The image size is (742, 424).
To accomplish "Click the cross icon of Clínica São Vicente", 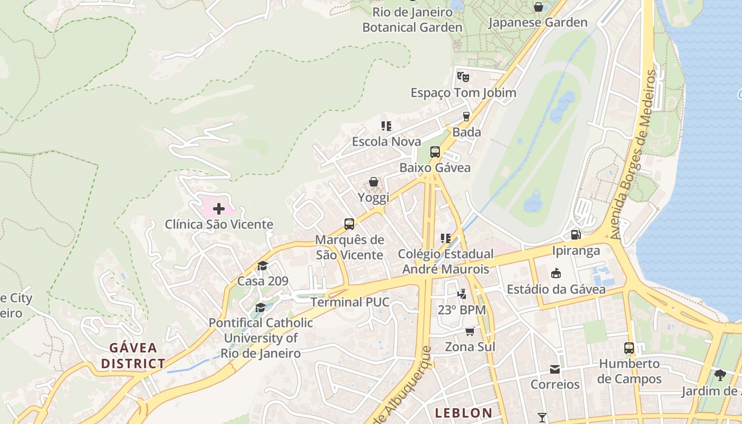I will point(218,209).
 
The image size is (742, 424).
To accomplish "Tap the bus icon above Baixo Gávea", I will point(435,152).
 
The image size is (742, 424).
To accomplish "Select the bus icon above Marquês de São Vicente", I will point(349,224).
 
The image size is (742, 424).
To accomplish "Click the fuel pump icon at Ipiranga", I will point(575,234).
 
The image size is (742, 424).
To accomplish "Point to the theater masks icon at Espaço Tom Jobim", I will point(463,76).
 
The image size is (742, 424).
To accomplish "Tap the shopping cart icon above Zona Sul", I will point(470,331).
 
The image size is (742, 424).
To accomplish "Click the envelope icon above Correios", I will point(554,369).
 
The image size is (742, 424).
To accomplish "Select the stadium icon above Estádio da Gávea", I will point(555,273).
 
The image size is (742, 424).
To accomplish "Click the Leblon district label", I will point(463,412).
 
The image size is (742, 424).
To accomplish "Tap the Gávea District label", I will point(133,356).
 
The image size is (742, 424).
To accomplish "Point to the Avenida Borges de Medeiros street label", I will point(634,154).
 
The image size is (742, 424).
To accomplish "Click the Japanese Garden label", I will point(537,22).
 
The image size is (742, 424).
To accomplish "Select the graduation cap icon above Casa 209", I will point(262,266).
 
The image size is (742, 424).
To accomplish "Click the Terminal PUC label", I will point(350,302).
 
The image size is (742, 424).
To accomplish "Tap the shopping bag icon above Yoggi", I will point(374,182).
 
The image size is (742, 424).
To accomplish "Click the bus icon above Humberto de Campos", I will point(629,348).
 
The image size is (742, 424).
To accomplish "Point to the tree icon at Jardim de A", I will point(719,375).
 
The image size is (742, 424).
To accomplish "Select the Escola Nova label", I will point(386,142).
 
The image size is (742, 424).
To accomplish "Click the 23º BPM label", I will point(462,310).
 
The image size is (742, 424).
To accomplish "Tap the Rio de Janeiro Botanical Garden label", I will point(412,20).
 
